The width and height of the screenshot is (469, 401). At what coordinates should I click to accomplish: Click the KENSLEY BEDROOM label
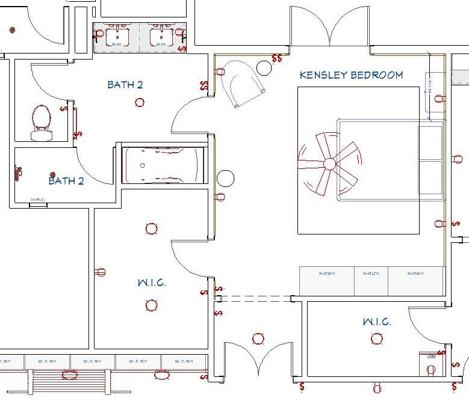[351, 75]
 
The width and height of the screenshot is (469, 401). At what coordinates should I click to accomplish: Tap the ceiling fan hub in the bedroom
[329, 164]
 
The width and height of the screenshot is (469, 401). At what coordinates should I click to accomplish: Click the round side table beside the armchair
[264, 68]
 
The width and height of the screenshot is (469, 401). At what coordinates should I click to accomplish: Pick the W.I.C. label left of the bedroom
[151, 283]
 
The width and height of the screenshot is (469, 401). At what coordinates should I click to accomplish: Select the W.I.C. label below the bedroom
[377, 322]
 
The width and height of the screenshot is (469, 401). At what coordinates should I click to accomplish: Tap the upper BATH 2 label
[125, 85]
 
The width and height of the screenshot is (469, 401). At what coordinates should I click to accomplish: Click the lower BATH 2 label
[66, 180]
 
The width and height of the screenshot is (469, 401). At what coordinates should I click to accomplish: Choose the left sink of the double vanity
[116, 37]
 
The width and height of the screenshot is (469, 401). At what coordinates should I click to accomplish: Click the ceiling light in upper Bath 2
[140, 102]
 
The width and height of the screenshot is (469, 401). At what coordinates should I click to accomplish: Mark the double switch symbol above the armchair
[277, 58]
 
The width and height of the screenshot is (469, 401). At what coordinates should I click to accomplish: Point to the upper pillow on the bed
[430, 143]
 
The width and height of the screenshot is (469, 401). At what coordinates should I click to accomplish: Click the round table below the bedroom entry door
[225, 178]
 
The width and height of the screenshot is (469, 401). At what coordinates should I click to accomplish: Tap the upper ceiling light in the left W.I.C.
[151, 228]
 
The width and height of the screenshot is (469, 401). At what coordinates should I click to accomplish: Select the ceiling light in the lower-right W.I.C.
[377, 339]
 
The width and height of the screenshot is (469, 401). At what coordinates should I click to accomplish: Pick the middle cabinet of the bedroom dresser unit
[371, 281]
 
